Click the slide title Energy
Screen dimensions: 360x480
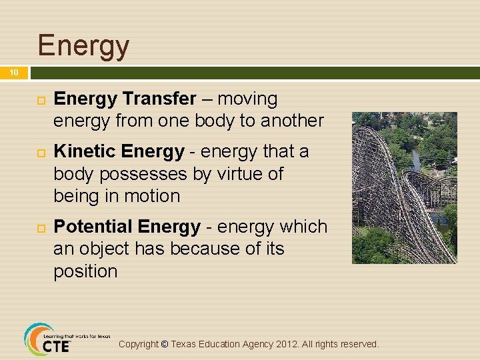[x=83, y=45]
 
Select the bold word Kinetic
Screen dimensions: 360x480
[x=83, y=151]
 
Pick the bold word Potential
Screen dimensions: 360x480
[x=94, y=227]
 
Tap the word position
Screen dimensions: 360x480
[x=85, y=271]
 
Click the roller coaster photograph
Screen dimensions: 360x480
[x=404, y=187]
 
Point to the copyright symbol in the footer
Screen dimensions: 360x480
[x=165, y=345]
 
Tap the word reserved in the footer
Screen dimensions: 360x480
[x=359, y=345]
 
